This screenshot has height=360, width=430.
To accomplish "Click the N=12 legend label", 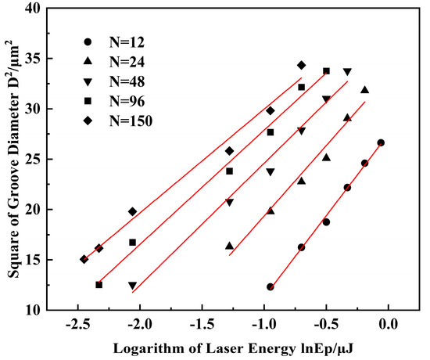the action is (127, 42).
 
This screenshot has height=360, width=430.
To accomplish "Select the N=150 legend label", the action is (131, 121).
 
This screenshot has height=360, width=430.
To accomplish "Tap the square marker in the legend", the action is (88, 101).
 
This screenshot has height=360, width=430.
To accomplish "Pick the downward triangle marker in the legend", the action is (88, 82).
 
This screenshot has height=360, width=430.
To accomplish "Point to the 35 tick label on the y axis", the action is (32, 59).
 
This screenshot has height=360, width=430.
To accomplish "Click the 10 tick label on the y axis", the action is (32, 310).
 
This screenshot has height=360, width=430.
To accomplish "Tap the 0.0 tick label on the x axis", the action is (389, 325).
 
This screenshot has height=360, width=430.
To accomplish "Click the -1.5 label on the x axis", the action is (202, 325).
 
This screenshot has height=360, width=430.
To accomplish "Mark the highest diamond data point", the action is (301, 66).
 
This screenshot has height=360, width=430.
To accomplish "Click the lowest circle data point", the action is (271, 287).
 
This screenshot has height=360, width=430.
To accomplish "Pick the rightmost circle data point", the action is (381, 142).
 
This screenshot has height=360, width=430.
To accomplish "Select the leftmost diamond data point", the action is (84, 259).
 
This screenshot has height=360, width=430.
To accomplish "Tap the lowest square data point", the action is (99, 285).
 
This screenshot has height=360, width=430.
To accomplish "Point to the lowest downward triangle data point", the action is (133, 286).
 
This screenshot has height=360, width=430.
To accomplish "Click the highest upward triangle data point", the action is (365, 90).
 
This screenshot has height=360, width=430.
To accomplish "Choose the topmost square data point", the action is (326, 71).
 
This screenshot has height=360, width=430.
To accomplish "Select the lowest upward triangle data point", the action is (230, 246).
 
